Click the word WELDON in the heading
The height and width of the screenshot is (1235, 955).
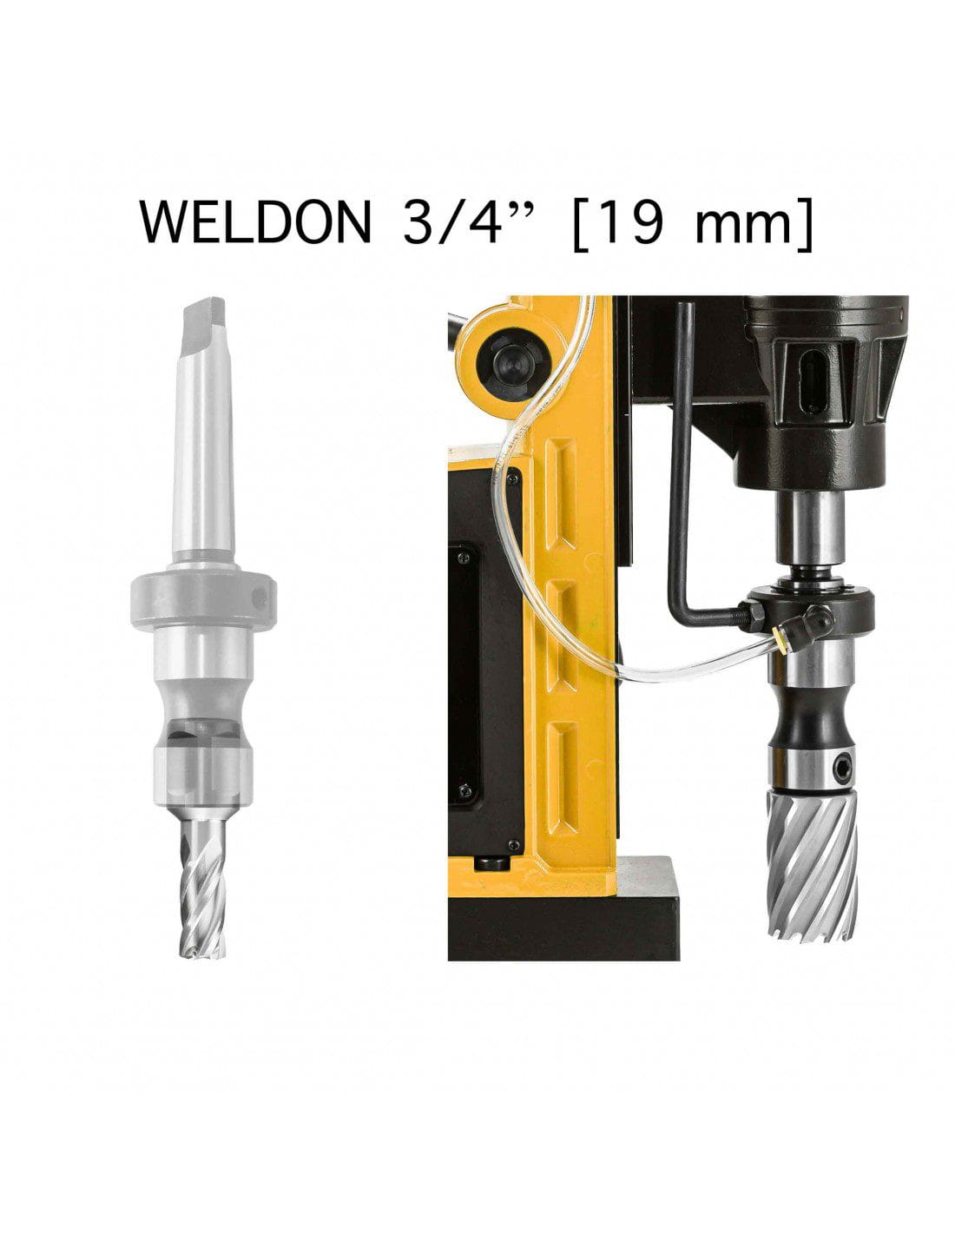point(255,221)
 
